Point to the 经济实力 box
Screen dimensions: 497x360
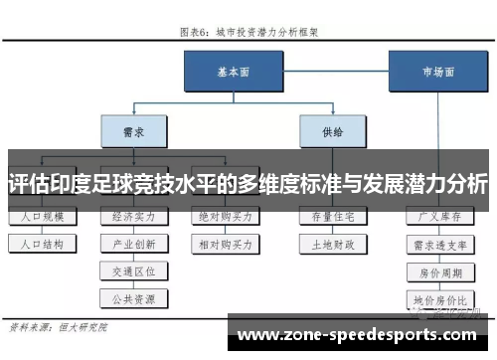[134, 217]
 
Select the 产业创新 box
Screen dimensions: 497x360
[134, 243]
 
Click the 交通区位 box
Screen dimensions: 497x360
[134, 270]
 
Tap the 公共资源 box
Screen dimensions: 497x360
[134, 296]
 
